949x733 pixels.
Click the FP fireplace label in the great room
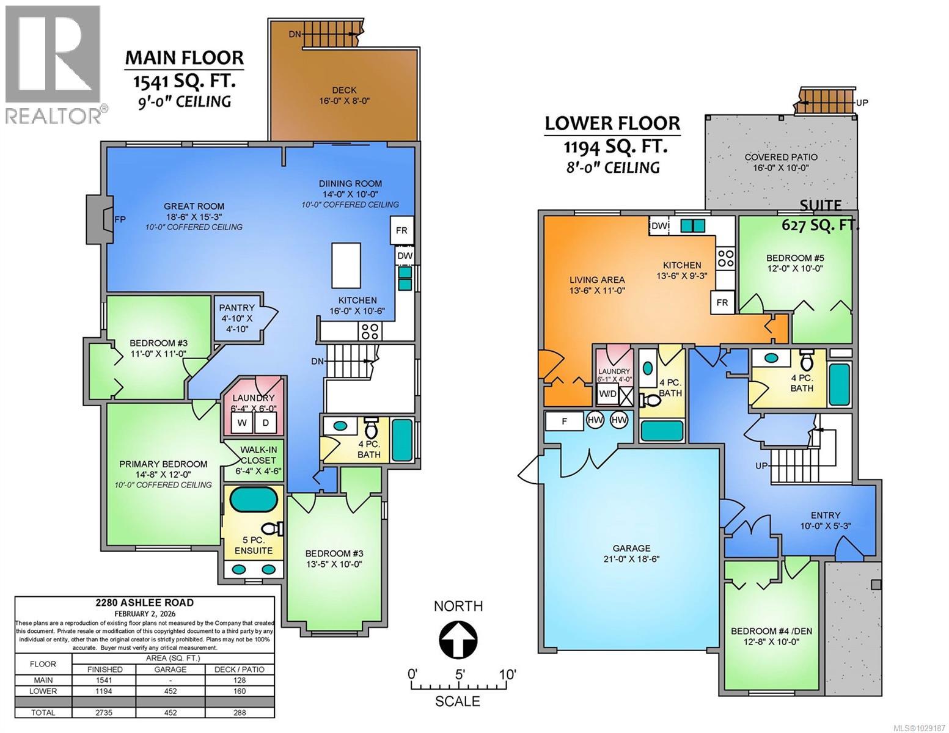pyautogui.click(x=120, y=219)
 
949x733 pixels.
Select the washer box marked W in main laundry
pyautogui.click(x=242, y=423)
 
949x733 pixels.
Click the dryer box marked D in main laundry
pyautogui.click(x=266, y=423)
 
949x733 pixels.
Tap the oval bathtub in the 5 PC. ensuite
pyautogui.click(x=253, y=501)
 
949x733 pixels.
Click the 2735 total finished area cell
pyautogui.click(x=104, y=712)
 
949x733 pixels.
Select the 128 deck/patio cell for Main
pyautogui.click(x=239, y=680)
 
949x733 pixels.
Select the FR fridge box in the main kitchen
pyautogui.click(x=401, y=231)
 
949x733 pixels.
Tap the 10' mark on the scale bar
pyautogui.click(x=507, y=675)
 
